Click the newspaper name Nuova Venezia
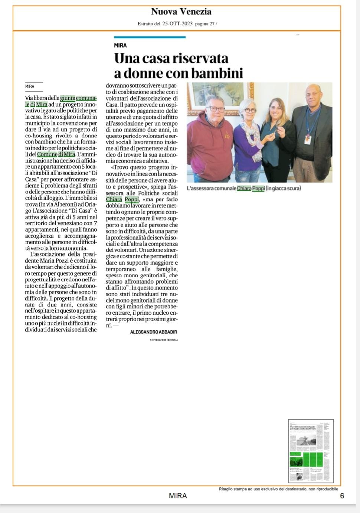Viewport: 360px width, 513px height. pyautogui.click(x=181, y=12)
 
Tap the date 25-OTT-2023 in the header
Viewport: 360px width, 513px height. pyautogui.click(x=177, y=24)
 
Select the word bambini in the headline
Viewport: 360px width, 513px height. pyautogui.click(x=217, y=73)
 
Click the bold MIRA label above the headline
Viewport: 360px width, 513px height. pyautogui.click(x=120, y=45)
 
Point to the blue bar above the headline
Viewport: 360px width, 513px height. pyautogui.click(x=150, y=37)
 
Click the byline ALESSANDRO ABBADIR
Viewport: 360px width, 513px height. pyautogui.click(x=154, y=332)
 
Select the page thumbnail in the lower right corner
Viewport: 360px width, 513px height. pyautogui.click(x=311, y=451)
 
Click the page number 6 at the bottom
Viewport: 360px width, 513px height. pyautogui.click(x=342, y=496)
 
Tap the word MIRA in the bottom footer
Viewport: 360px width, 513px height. pyautogui.click(x=178, y=496)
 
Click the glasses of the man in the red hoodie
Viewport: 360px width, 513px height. pyautogui.click(x=216, y=109)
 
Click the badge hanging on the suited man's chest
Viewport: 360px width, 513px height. pyautogui.click(x=307, y=139)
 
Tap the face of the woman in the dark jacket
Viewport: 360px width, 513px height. pyautogui.click(x=276, y=108)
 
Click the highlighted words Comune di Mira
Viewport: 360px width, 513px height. pyautogui.click(x=56, y=154)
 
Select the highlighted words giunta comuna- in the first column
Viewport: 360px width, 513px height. pyautogui.click(x=78, y=98)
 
